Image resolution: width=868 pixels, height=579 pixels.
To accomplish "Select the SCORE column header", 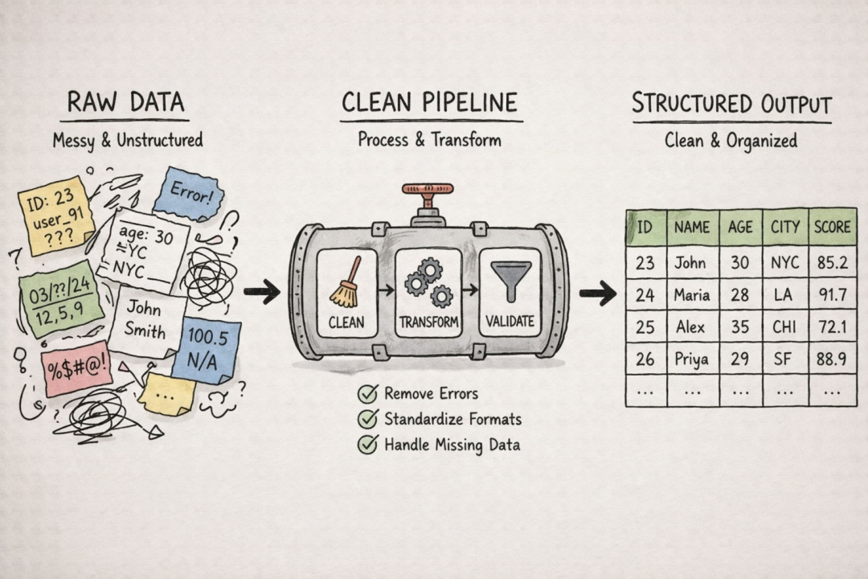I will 832,228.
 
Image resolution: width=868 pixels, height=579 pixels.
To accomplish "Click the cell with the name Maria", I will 693,294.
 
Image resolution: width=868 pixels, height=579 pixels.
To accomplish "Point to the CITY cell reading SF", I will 783,359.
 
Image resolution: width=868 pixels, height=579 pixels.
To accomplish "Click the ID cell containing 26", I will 645,359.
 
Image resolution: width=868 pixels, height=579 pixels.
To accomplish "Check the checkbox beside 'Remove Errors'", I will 367,394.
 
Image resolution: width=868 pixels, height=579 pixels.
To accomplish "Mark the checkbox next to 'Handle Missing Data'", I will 367,445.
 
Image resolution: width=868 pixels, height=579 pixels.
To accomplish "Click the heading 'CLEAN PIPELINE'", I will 429,103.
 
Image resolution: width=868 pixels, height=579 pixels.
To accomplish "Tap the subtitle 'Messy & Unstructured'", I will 128,140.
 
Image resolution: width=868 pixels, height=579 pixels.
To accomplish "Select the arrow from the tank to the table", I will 598,294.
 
